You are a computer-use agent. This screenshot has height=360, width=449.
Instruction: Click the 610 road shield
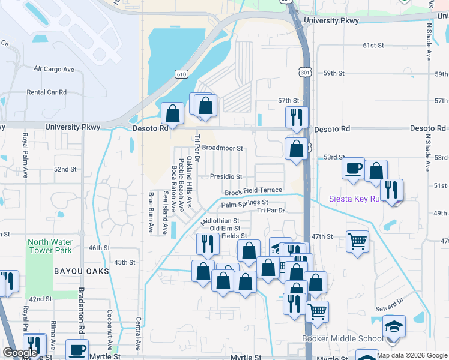click(x=181, y=74)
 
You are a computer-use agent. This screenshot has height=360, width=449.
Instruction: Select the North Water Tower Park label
click(x=50, y=246)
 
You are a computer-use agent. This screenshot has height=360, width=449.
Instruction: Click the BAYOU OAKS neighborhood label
click(x=82, y=271)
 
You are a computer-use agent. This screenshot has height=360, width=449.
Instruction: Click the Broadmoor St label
click(x=222, y=148)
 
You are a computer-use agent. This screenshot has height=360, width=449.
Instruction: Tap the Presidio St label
click(x=226, y=177)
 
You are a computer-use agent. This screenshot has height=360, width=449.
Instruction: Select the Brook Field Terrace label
click(x=253, y=191)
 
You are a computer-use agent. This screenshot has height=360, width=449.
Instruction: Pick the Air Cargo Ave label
click(x=54, y=70)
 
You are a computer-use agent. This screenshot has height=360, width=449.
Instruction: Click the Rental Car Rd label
click(x=46, y=92)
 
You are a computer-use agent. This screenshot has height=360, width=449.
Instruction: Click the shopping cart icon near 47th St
click(x=358, y=241)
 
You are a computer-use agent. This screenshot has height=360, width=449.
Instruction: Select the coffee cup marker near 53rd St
click(x=353, y=167)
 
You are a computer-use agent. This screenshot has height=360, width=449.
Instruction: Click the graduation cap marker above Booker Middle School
click(x=394, y=326)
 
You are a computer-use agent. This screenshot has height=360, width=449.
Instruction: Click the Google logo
click(x=20, y=353)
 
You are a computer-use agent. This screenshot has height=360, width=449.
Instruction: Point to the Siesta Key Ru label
click(x=354, y=199)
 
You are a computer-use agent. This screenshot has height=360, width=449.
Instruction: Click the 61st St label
click(x=373, y=45)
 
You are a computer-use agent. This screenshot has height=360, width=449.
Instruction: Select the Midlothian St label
click(x=220, y=221)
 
